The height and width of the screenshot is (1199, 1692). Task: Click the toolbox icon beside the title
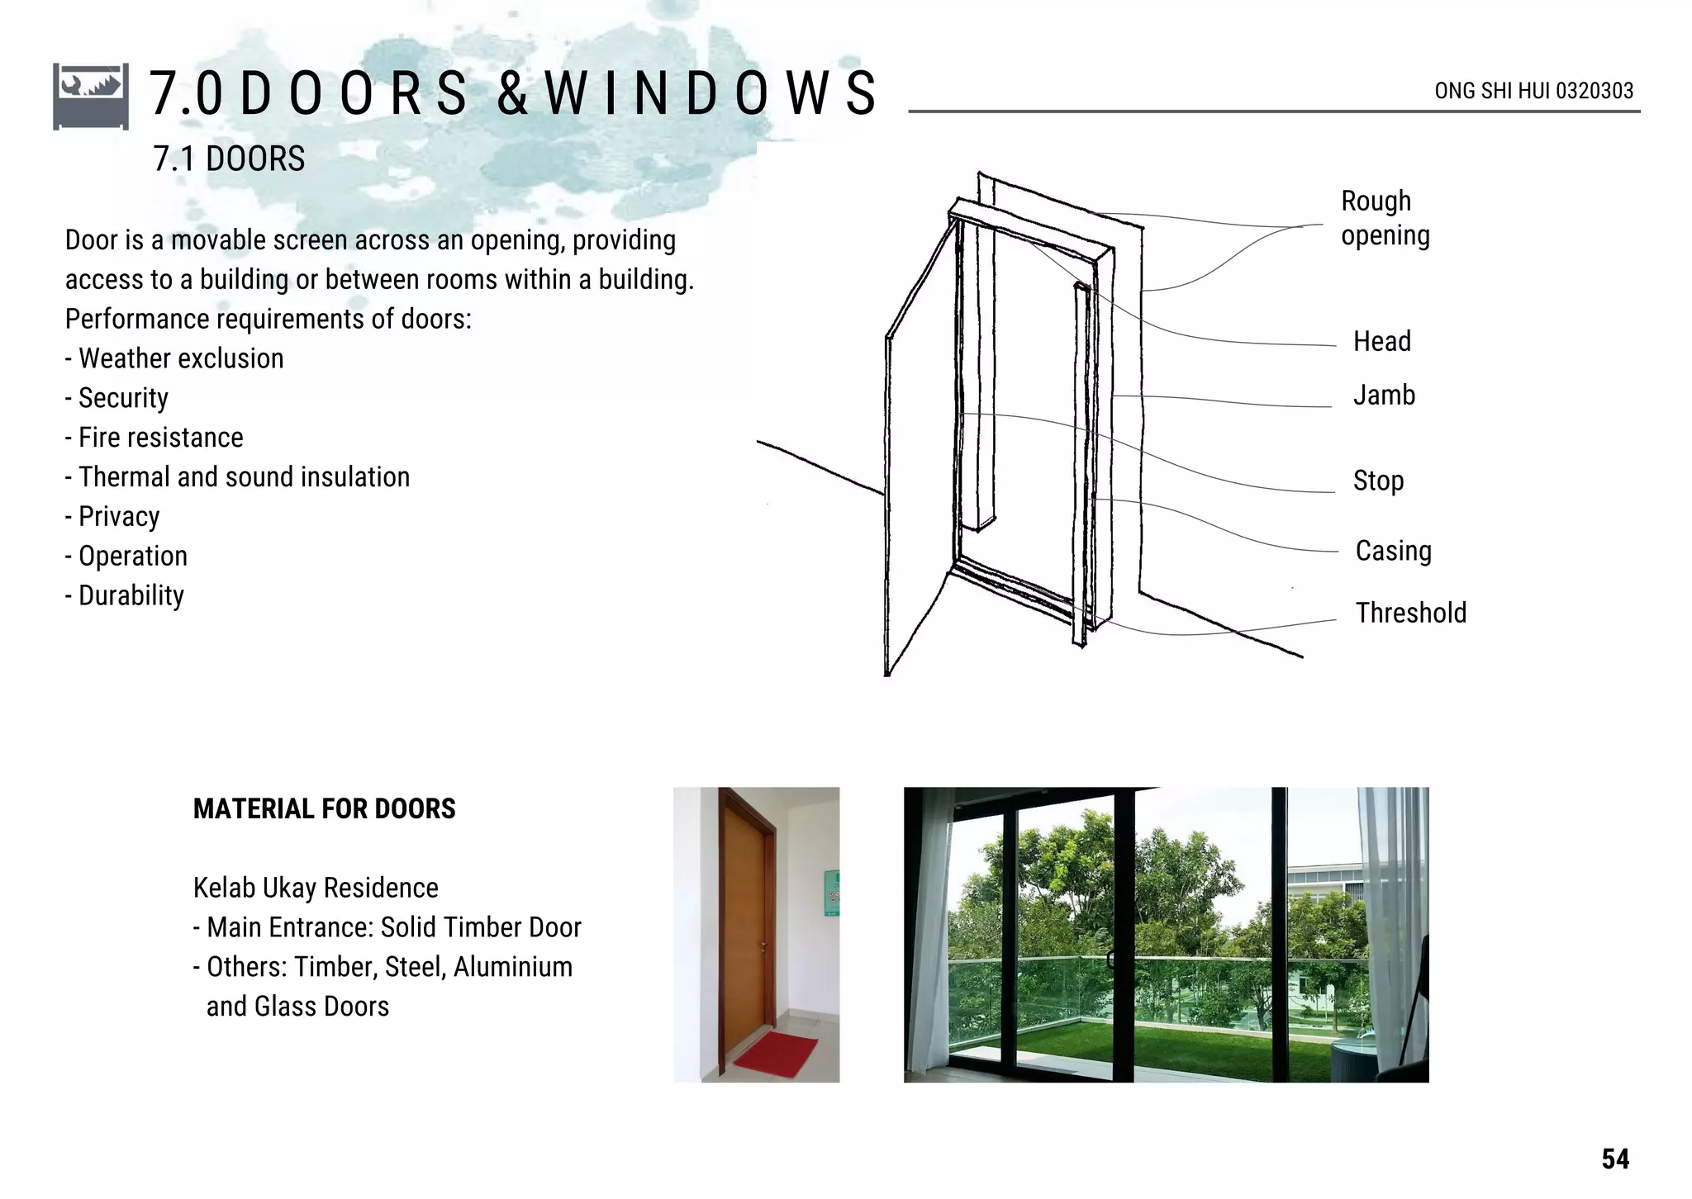pyautogui.click(x=91, y=96)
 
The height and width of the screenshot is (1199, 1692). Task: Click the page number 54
pyautogui.click(x=1614, y=1159)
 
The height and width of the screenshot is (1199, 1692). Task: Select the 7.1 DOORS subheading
pyautogui.click(x=229, y=159)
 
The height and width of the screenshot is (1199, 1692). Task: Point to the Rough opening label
pyautogui.click(x=1385, y=218)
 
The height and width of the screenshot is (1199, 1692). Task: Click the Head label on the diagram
pyautogui.click(x=1381, y=341)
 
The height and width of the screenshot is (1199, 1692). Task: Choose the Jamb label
pyautogui.click(x=1384, y=396)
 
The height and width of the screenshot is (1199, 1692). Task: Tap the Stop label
pyautogui.click(x=1378, y=481)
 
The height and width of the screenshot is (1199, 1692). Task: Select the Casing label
pyautogui.click(x=1393, y=551)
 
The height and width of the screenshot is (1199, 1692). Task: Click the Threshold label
pyautogui.click(x=1410, y=613)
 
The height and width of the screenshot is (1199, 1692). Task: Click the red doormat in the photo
pyautogui.click(x=775, y=1054)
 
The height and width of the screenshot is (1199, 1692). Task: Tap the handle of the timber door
pyautogui.click(x=764, y=946)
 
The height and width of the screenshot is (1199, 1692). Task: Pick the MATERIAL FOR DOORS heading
pyautogui.click(x=324, y=808)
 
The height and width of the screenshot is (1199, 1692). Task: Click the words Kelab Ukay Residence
pyautogui.click(x=316, y=888)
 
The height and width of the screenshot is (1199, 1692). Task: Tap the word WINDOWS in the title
pyautogui.click(x=711, y=92)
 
